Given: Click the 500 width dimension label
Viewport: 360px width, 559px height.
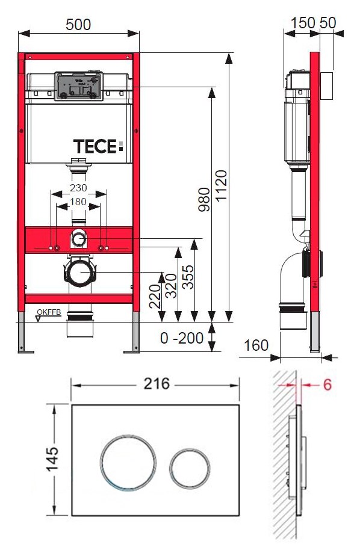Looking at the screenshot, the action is (x=78, y=25).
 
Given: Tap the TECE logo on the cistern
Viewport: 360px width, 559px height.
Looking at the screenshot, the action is (x=98, y=146).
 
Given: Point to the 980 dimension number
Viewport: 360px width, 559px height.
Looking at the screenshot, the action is (x=205, y=199).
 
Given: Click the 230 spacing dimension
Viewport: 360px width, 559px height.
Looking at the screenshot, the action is (x=78, y=188).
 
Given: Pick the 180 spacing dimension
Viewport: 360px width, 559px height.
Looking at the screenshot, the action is (x=78, y=202).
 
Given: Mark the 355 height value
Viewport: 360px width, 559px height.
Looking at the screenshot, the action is (x=188, y=277).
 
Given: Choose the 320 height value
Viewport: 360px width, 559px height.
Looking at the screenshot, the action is (x=171, y=286).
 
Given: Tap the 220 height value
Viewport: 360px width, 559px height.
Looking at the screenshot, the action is (x=155, y=296).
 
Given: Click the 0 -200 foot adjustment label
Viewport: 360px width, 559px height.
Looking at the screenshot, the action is (x=182, y=338).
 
